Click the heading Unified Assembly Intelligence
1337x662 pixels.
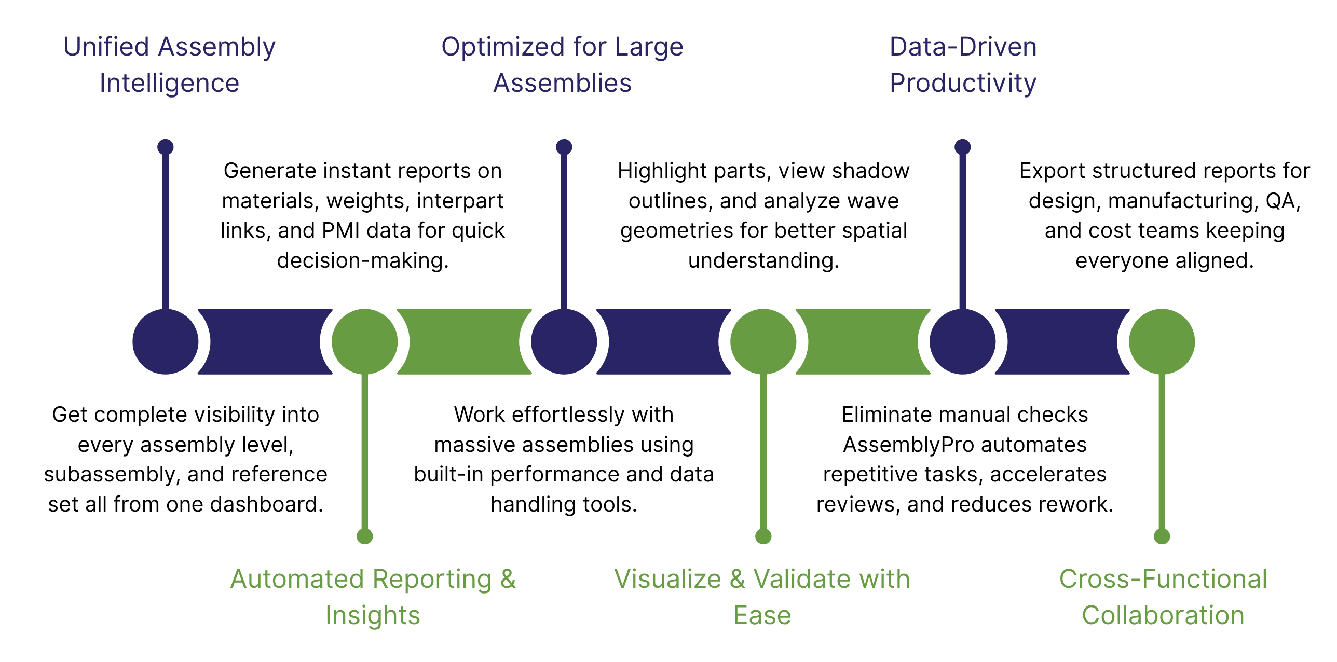click(169, 65)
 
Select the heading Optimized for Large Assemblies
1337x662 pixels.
click(562, 65)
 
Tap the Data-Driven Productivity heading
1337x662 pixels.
click(963, 65)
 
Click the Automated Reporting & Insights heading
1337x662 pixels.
click(373, 597)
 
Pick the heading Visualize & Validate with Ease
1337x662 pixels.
click(762, 597)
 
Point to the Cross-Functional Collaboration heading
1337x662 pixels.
click(1163, 597)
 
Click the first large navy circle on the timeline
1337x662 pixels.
click(166, 341)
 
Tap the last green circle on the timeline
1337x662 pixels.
click(1162, 341)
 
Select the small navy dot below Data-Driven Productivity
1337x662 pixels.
click(962, 147)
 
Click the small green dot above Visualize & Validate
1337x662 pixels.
click(763, 536)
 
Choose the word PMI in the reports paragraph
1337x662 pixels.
click(340, 230)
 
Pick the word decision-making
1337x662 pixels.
click(362, 260)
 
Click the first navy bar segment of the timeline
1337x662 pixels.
click(265, 341)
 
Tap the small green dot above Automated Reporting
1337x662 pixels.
click(365, 536)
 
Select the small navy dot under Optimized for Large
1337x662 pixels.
click(564, 147)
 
